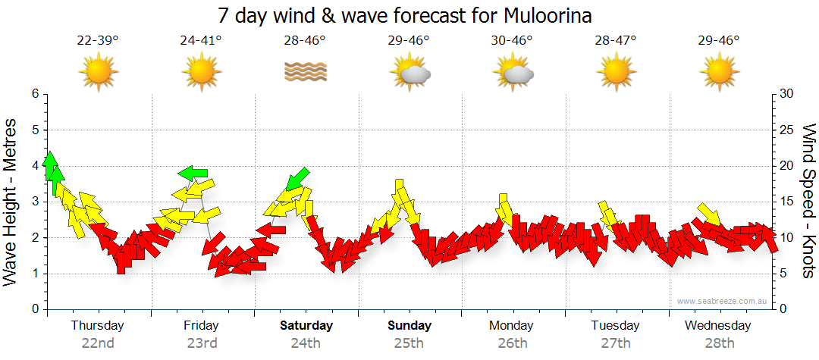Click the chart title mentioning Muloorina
(x=404, y=15)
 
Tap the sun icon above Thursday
(x=98, y=72)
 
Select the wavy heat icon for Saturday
(x=305, y=72)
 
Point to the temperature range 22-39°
(x=98, y=40)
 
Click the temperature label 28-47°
(x=615, y=40)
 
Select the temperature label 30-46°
(x=512, y=40)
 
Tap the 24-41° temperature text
(x=201, y=40)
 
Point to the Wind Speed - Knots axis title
(x=808, y=201)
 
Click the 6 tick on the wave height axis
(x=35, y=94)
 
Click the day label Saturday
(x=306, y=326)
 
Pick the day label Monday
(x=512, y=326)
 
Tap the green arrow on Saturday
(x=297, y=179)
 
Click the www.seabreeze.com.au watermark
(x=723, y=301)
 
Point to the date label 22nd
(x=98, y=343)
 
